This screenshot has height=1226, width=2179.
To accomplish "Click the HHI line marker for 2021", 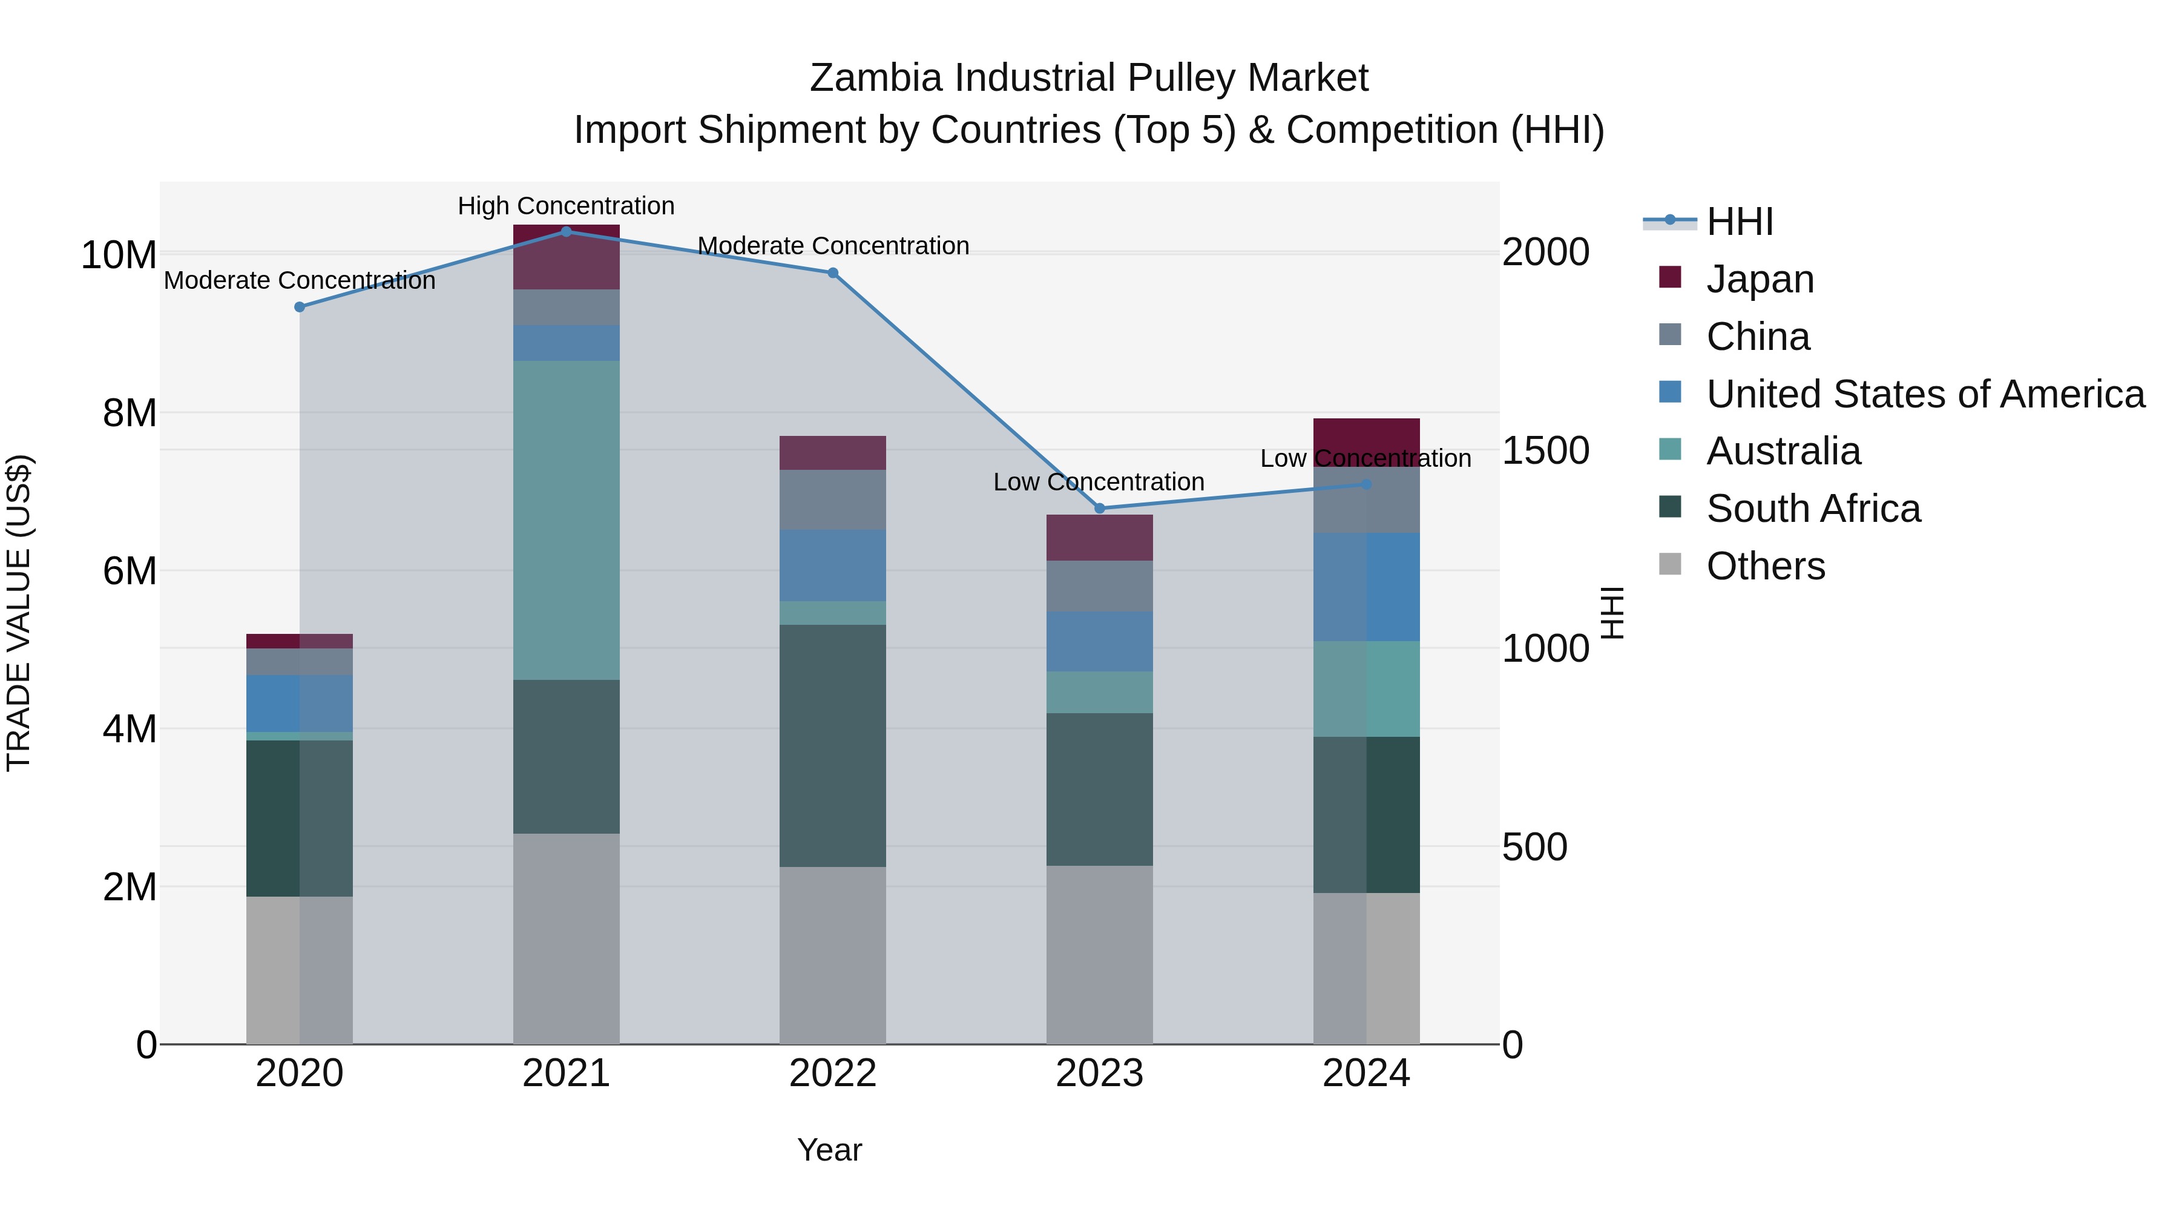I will click(566, 232).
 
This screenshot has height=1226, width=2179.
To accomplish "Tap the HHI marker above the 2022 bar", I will click(832, 273).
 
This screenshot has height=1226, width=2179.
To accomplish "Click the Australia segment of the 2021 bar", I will click(566, 520).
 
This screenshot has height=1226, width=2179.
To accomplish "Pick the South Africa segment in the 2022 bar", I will click(832, 745).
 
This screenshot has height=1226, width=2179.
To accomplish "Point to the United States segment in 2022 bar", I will click(832, 565).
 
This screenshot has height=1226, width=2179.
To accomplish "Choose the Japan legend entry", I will click(1760, 279).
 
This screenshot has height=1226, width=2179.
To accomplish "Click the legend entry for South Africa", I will click(1813, 509).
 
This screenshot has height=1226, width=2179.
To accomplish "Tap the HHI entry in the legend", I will click(1739, 222).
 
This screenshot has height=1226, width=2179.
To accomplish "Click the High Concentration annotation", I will click(566, 206).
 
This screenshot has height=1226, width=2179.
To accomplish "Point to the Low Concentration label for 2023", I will click(1098, 481).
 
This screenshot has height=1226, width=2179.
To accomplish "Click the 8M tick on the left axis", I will click(130, 413).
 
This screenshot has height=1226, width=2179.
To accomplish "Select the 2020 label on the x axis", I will click(300, 1073).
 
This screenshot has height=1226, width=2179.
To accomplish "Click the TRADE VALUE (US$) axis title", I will click(19, 613).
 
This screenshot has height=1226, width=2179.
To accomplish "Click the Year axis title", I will click(829, 1150).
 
